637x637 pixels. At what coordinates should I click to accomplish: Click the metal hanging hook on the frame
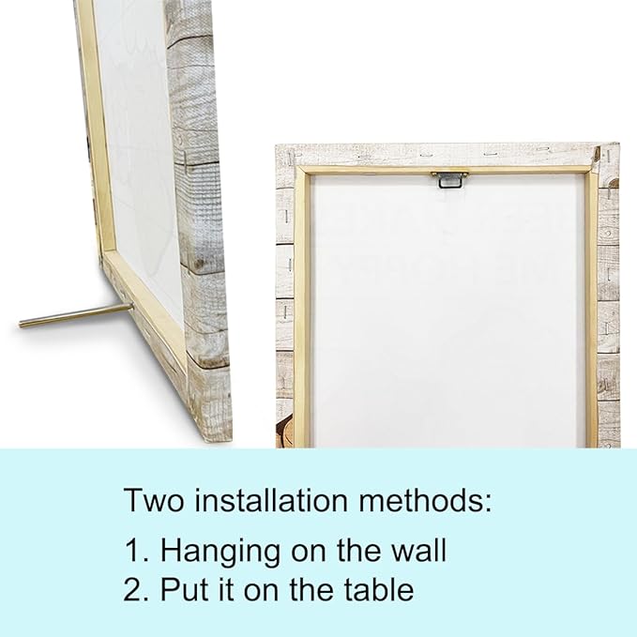[449, 179]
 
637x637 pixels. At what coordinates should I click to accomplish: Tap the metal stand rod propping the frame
[76, 315]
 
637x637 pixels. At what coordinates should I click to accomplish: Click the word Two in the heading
[154, 500]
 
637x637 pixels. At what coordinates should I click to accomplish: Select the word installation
[271, 500]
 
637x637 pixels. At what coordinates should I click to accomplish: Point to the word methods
[419, 500]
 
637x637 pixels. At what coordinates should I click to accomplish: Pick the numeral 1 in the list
[132, 551]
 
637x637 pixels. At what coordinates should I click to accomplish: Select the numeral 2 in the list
[132, 589]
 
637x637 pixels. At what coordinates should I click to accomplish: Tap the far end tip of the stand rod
[20, 325]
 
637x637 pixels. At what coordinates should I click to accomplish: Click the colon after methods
[488, 504]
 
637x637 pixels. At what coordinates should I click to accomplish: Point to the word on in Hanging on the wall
[309, 554]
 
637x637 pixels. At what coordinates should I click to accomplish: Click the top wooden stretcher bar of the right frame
[447, 170]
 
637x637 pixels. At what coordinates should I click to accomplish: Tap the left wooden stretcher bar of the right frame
[302, 309]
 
